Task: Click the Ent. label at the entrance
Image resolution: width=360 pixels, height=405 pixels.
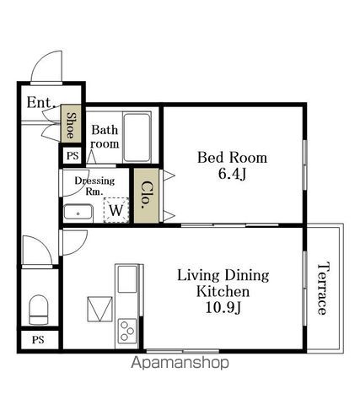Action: point(41,103)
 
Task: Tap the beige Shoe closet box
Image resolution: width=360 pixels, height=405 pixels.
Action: point(71,124)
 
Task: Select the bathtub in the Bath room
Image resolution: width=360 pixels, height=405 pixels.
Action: point(137,138)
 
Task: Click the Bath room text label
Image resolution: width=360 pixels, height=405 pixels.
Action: point(105,137)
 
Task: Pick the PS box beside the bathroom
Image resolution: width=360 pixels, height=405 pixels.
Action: point(73,155)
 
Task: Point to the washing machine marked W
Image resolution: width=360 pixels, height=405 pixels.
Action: point(116,210)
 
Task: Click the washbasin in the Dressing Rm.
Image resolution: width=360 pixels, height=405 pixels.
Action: point(78,213)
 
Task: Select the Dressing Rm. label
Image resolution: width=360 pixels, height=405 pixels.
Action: point(94,186)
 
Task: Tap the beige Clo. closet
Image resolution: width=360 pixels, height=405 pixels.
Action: point(146,196)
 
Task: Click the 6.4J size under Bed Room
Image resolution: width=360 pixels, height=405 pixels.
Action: point(232,174)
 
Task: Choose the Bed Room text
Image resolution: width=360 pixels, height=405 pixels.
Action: point(232,158)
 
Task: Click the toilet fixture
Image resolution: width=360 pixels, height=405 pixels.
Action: point(39,310)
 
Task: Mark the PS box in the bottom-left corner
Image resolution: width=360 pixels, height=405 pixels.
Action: point(39,340)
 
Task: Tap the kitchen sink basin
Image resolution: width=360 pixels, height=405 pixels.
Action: point(127,279)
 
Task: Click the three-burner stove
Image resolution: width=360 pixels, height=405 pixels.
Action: point(127,330)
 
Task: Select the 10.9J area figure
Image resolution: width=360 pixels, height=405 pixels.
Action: point(223,308)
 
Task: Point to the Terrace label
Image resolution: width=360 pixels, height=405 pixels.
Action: point(323,289)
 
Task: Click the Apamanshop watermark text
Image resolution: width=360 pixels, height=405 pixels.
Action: point(180,363)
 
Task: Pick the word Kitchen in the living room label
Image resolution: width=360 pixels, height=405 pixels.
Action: point(223,291)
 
